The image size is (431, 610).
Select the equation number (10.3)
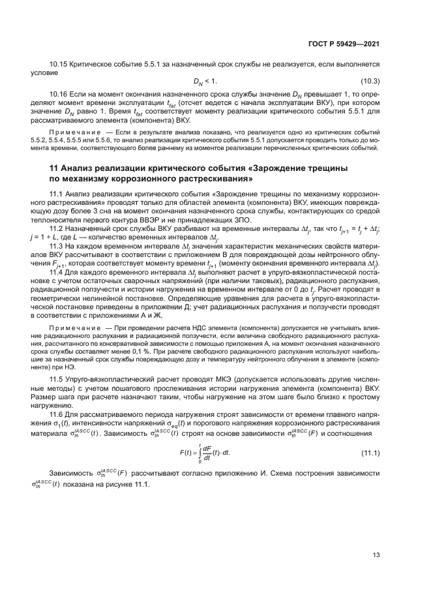(371, 81)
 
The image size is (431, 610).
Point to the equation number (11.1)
(371, 453)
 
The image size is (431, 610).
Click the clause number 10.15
(59, 64)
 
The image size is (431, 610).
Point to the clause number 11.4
(57, 271)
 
